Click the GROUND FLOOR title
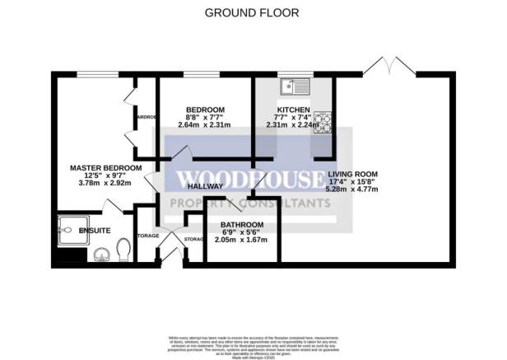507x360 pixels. pyautogui.click(x=251, y=12)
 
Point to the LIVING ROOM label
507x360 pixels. pyautogui.click(x=352, y=174)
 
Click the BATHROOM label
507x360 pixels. pyautogui.click(x=242, y=225)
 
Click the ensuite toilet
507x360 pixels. pyautogui.click(x=123, y=249)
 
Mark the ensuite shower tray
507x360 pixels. pyautogui.click(x=70, y=230)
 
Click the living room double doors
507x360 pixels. pyautogui.click(x=389, y=64)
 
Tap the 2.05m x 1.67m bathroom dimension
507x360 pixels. pyautogui.click(x=242, y=240)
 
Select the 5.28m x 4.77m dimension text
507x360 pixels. pyautogui.click(x=352, y=189)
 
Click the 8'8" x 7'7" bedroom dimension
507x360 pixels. pyautogui.click(x=205, y=118)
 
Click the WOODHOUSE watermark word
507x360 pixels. pyautogui.click(x=250, y=180)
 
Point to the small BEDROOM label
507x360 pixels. pyautogui.click(x=205, y=110)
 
